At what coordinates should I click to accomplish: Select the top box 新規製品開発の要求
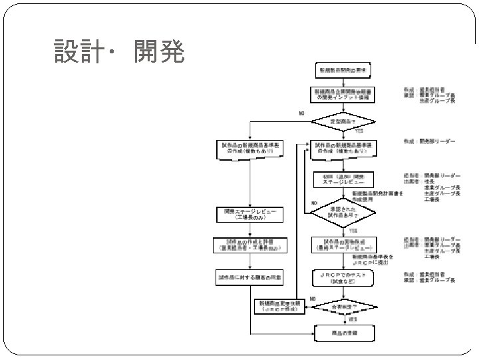(343, 70)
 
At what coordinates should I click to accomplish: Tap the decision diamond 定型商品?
(343, 121)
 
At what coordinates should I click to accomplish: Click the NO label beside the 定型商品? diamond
(301, 113)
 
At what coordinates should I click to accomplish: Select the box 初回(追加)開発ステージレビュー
(343, 180)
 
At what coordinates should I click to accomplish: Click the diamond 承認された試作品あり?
(343, 212)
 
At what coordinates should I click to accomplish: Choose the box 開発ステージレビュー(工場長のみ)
(249, 214)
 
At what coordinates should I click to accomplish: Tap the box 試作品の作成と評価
(249, 245)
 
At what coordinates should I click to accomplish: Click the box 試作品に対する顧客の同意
(249, 275)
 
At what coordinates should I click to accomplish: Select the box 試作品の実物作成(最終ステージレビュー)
(343, 244)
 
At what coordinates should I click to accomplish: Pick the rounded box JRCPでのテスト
(343, 275)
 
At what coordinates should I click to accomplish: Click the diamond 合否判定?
(343, 307)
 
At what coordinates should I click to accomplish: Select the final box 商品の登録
(343, 332)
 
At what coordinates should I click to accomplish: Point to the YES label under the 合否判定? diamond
(353, 319)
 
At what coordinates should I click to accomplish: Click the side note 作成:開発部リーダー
(429, 142)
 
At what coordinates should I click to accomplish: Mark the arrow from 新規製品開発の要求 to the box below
(343, 81)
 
